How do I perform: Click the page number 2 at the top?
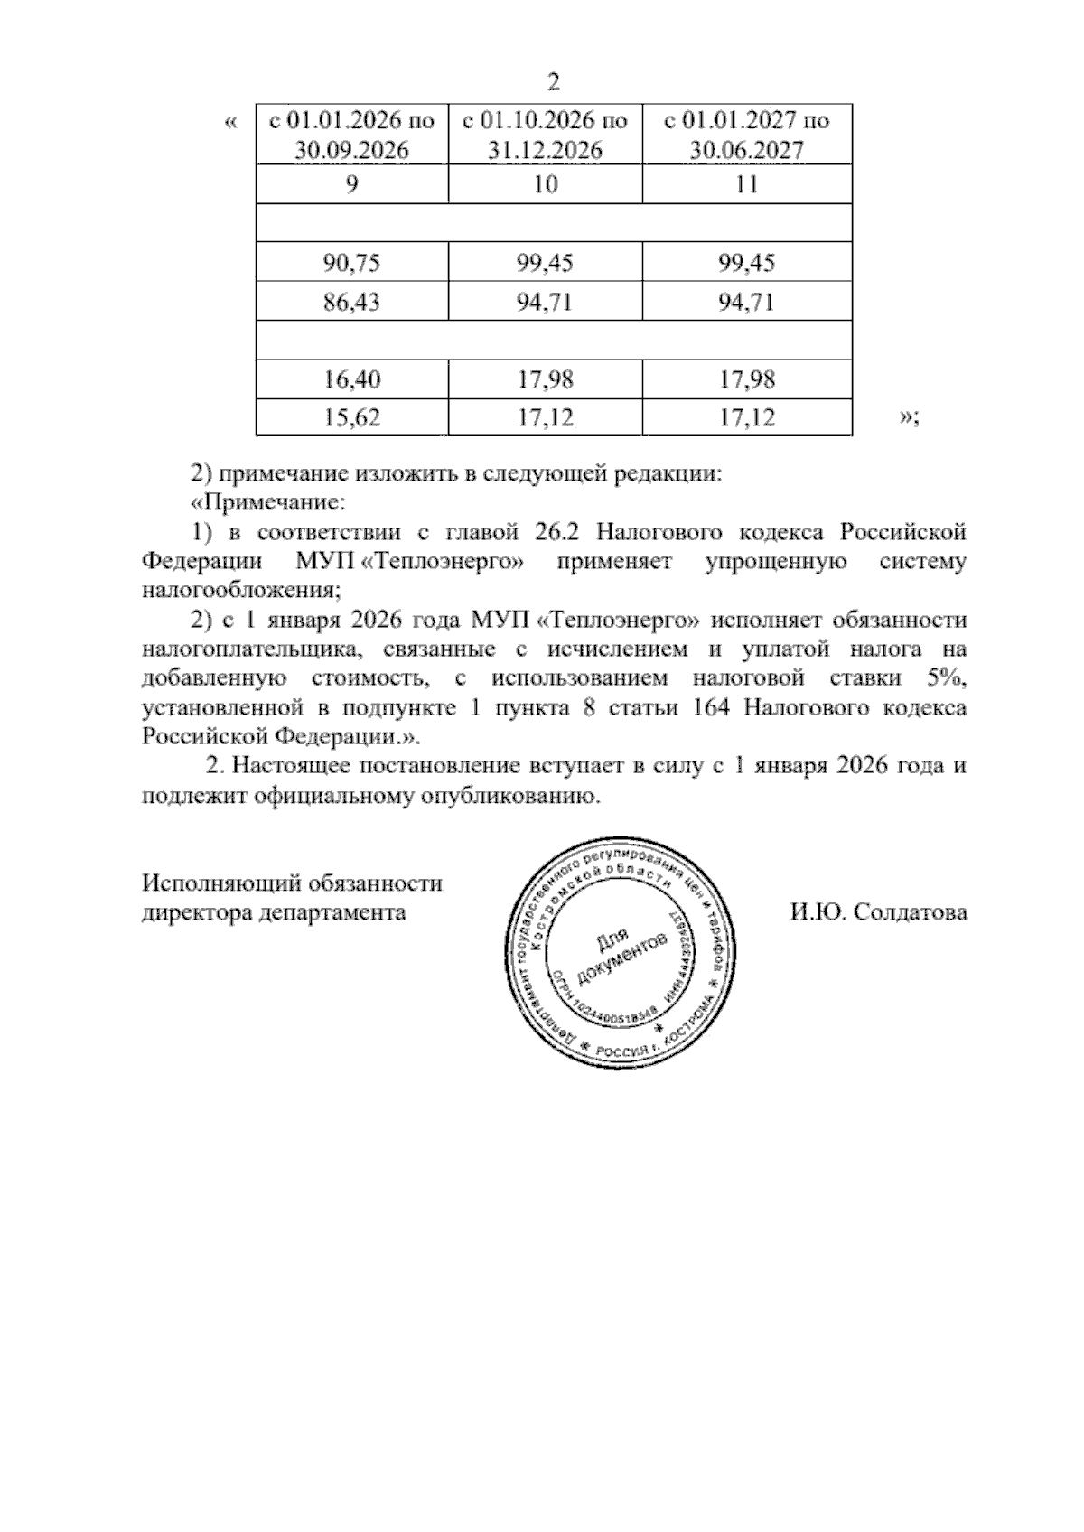[554, 82]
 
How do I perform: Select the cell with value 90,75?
[352, 263]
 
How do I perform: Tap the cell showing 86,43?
[352, 302]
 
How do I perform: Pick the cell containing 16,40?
[352, 379]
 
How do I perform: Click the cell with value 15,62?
[352, 418]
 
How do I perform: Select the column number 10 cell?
[545, 184]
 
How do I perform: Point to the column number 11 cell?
[747, 184]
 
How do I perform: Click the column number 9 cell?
[352, 184]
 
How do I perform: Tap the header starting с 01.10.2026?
[545, 135]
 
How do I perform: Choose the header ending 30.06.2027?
[747, 135]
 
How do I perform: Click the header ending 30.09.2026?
[352, 135]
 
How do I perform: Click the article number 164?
[710, 707]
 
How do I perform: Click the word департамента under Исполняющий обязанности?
[331, 912]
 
